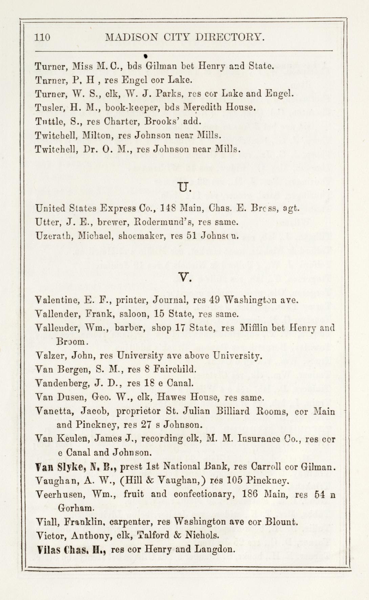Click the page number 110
tap(42, 37)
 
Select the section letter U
tap(184, 187)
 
